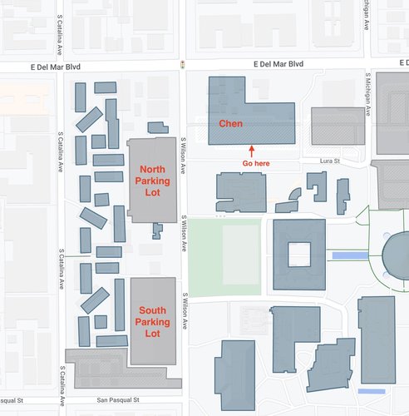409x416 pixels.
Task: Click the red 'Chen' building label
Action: pos(230,124)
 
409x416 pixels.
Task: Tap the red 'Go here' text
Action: pos(255,164)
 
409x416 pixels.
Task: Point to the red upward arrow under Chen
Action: pos(252,151)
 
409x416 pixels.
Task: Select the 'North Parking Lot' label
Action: pos(152,180)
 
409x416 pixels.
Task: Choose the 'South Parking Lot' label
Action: pos(153,322)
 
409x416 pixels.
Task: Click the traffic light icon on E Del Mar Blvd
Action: pos(182,64)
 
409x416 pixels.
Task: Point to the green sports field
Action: pos(223,257)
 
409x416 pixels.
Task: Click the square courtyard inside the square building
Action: pos(300,253)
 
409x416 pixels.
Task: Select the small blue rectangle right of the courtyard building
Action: pos(347,255)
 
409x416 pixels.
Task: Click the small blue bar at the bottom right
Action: pos(372,391)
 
